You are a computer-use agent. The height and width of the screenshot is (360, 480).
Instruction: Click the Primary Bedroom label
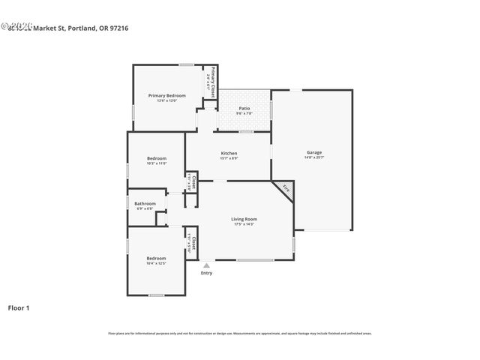pyautogui.click(x=166, y=95)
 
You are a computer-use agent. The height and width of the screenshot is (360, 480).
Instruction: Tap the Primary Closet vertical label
pyautogui.click(x=213, y=82)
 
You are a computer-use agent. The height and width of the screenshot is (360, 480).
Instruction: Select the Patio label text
pyautogui.click(x=244, y=109)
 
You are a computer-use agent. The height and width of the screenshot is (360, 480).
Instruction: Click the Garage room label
pyautogui.click(x=313, y=152)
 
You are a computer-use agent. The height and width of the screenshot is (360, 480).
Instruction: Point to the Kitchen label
pyautogui.click(x=229, y=153)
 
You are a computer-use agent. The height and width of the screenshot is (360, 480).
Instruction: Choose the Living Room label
pyautogui.click(x=244, y=219)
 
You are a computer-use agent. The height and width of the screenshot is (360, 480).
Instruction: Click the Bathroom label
pyautogui.click(x=145, y=203)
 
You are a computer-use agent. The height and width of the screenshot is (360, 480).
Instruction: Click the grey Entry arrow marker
pyautogui.click(x=206, y=265)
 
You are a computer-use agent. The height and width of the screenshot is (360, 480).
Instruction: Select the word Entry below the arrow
pyautogui.click(x=206, y=273)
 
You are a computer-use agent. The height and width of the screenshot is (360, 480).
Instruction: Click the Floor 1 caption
pyautogui.click(x=19, y=307)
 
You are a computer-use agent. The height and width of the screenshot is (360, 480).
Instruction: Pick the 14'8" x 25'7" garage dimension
pyautogui.click(x=313, y=157)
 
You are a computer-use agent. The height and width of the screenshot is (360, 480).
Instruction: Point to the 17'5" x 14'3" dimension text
pyautogui.click(x=244, y=224)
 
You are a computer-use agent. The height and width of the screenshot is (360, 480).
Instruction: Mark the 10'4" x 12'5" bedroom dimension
pyautogui.click(x=156, y=263)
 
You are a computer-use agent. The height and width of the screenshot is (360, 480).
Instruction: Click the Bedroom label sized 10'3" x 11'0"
pyautogui.click(x=156, y=158)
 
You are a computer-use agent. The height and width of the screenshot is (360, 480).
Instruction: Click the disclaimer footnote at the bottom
pyautogui.click(x=240, y=333)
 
